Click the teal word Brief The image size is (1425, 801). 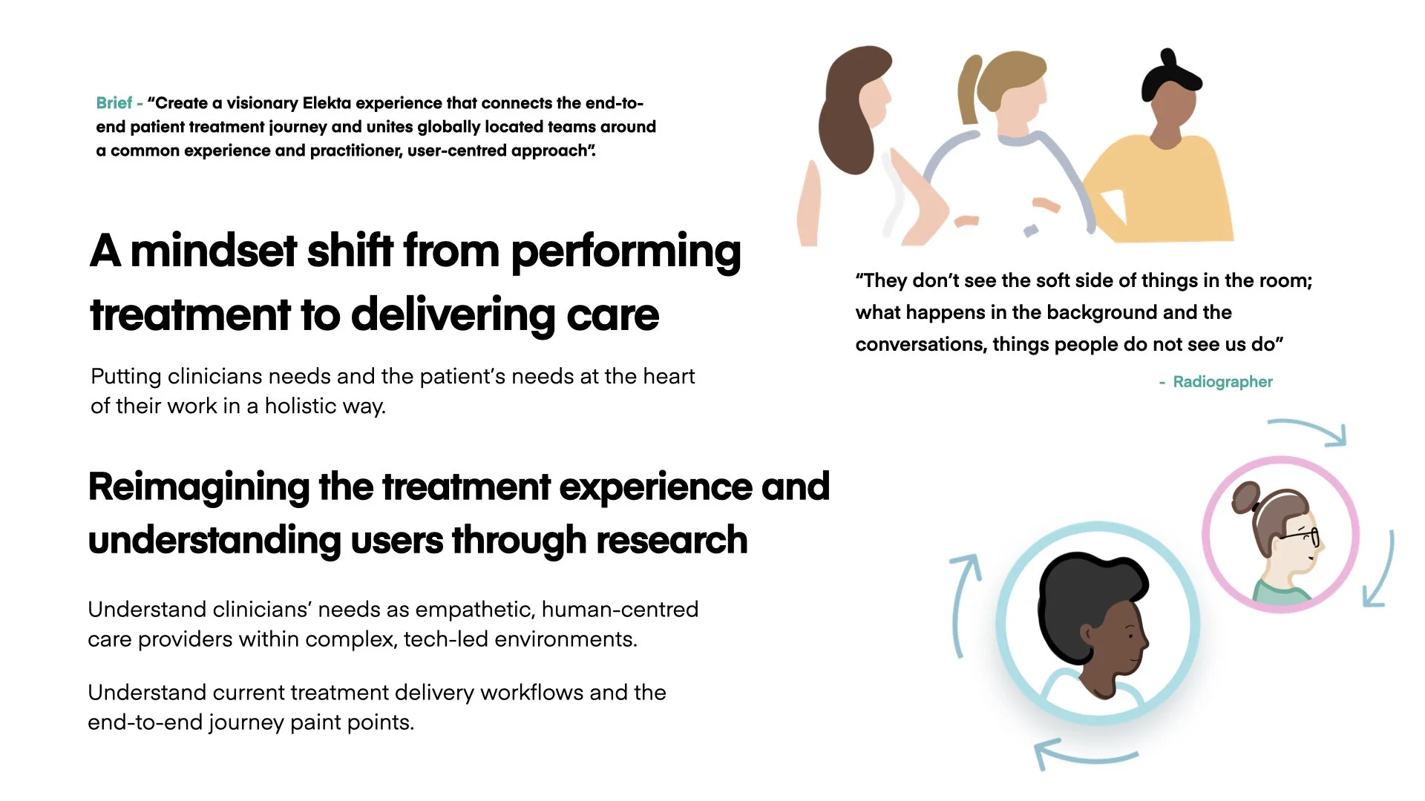(x=114, y=103)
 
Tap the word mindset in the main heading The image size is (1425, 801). (x=214, y=251)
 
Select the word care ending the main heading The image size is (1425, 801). (x=612, y=314)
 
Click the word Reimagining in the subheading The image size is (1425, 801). (x=198, y=487)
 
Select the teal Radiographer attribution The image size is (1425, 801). (x=1222, y=382)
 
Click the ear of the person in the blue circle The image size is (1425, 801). (x=1087, y=634)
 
